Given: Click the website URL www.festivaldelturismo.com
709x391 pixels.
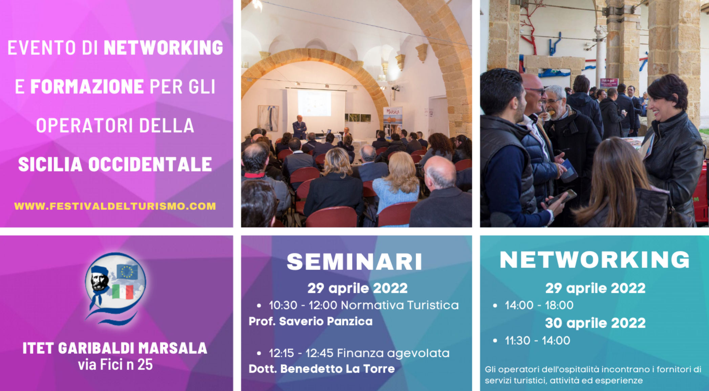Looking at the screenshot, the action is (x=115, y=206).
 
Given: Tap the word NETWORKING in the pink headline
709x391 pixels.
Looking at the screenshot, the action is (x=164, y=48).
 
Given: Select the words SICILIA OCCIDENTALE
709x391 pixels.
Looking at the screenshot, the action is (x=115, y=164).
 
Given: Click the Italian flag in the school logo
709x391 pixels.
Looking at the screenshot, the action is (x=123, y=292).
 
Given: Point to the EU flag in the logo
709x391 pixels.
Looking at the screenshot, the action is (x=127, y=272).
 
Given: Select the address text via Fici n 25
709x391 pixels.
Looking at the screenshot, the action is (x=115, y=365).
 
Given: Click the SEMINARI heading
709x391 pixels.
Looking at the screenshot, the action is (x=354, y=261).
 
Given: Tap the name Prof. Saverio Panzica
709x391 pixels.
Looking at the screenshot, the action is (x=310, y=321).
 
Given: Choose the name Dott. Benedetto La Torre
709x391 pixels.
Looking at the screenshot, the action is (x=322, y=369).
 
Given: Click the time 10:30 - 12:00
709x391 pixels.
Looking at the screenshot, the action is (x=303, y=305).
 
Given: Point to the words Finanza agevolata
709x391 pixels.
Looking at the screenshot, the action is (x=393, y=353).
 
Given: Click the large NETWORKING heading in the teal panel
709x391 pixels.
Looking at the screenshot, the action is (x=595, y=260).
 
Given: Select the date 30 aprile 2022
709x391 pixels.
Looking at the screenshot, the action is (x=595, y=323).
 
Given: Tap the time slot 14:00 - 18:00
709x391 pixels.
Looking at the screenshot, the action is (x=539, y=305).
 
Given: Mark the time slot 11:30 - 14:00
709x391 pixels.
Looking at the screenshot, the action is (x=537, y=341).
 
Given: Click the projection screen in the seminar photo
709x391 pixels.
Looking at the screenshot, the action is (x=314, y=103).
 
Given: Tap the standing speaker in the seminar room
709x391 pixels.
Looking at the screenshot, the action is (x=299, y=127).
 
